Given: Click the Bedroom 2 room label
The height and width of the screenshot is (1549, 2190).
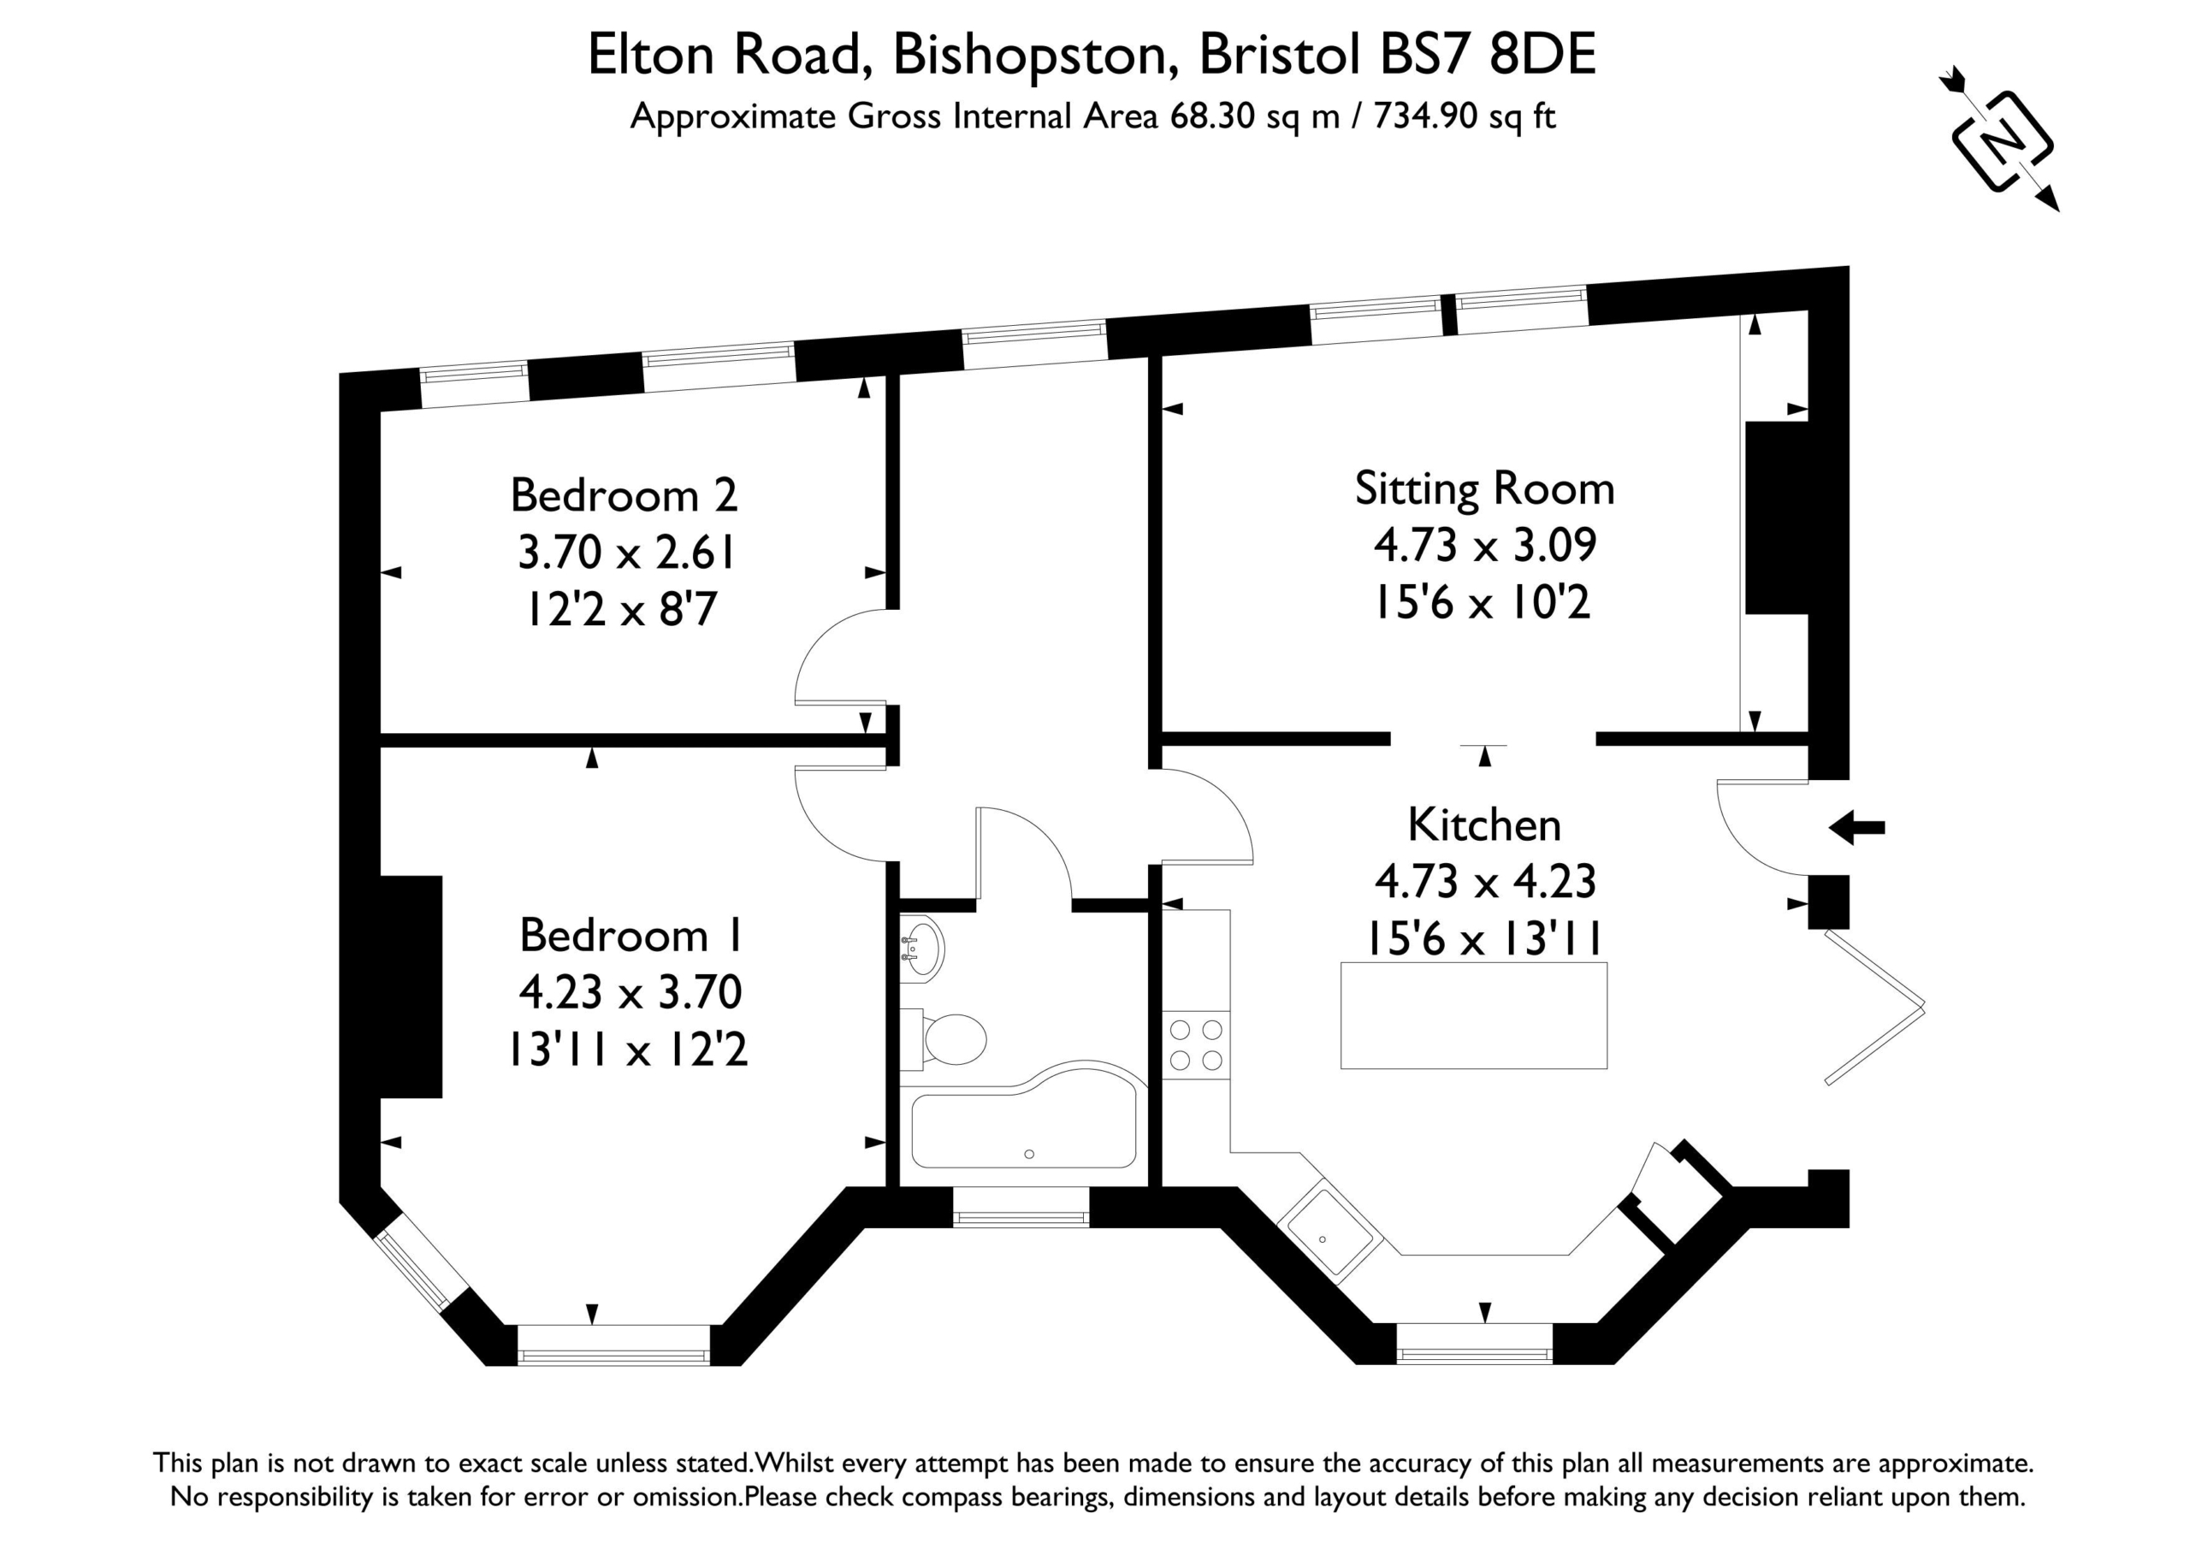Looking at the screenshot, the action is click(x=624, y=496).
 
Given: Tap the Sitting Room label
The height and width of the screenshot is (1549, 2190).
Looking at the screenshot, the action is click(x=1485, y=489).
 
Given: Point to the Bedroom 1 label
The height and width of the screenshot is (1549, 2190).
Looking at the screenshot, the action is click(x=630, y=936).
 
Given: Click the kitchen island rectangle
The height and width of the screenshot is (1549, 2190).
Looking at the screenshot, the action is click(x=1474, y=1015).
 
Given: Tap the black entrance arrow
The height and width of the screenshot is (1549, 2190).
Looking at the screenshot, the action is click(x=1856, y=827).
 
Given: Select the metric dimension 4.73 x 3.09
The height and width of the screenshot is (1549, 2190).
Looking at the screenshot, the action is click(x=1485, y=545).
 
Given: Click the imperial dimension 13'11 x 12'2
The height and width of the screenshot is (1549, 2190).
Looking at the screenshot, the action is click(x=628, y=1050).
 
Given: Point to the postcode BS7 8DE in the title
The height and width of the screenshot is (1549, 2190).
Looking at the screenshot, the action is click(x=1488, y=55).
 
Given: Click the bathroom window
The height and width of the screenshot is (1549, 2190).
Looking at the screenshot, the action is click(x=1021, y=1217).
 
